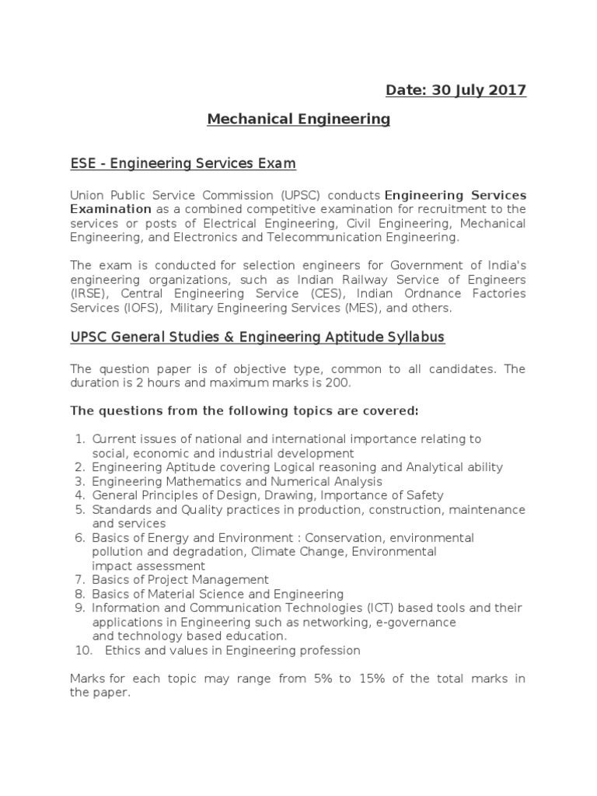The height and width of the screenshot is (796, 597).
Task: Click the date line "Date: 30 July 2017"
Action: click(x=456, y=90)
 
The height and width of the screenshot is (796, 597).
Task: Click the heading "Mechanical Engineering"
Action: click(x=298, y=119)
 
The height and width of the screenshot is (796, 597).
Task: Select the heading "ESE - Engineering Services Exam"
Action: click(x=183, y=164)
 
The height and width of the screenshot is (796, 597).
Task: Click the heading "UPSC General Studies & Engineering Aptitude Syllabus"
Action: click(x=257, y=337)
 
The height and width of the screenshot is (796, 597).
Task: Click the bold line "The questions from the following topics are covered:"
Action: click(x=244, y=410)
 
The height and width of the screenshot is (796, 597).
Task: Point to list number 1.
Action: click(x=79, y=439)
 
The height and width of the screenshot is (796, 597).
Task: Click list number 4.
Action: click(x=79, y=495)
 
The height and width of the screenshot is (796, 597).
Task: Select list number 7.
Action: click(x=79, y=580)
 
